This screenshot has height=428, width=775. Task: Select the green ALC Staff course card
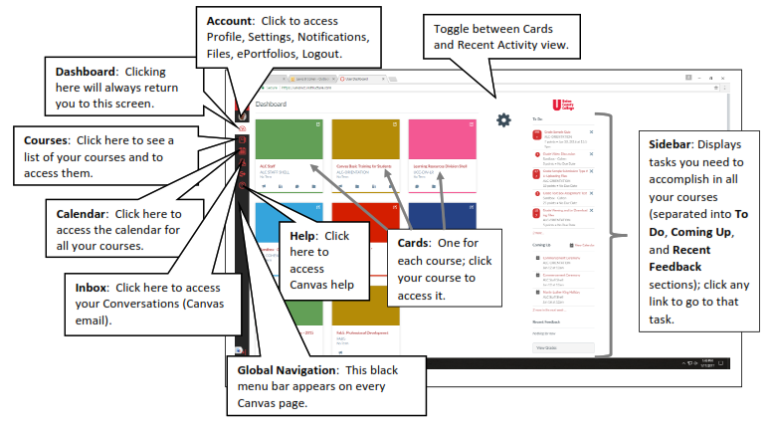(x=289, y=155)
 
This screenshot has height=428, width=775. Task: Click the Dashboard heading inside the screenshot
(x=271, y=104)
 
